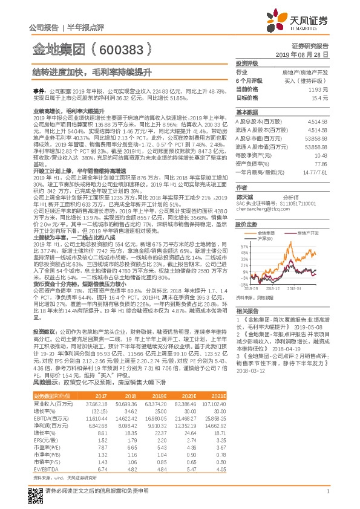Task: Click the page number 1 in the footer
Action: tap(327, 494)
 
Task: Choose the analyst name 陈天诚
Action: tap(245, 196)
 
